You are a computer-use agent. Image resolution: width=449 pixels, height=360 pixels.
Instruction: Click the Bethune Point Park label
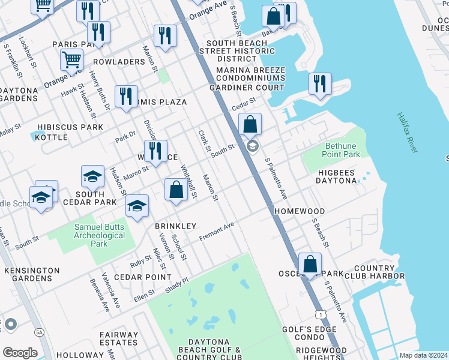[342, 150]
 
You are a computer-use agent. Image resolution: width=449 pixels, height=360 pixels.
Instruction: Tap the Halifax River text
[406, 132]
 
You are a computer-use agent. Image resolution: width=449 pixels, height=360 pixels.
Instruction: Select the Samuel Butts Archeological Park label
[99, 235]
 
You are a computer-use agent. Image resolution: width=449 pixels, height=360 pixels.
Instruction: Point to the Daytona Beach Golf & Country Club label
[209, 353]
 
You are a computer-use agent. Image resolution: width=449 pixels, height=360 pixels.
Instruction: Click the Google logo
[19, 353]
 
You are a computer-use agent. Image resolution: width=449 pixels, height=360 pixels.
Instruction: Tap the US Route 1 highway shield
[322, 314]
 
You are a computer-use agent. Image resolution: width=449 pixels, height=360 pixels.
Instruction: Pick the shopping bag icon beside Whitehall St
[176, 190]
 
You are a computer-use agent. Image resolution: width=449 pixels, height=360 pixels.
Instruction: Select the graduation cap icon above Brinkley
[137, 206]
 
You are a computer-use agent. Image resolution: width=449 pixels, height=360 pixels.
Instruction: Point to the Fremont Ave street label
[216, 232]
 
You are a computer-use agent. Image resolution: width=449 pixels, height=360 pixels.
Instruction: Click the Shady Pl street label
[176, 284]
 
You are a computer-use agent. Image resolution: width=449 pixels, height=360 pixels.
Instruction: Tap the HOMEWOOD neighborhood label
[300, 211]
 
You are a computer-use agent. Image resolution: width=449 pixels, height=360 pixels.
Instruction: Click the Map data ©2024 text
[423, 355]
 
